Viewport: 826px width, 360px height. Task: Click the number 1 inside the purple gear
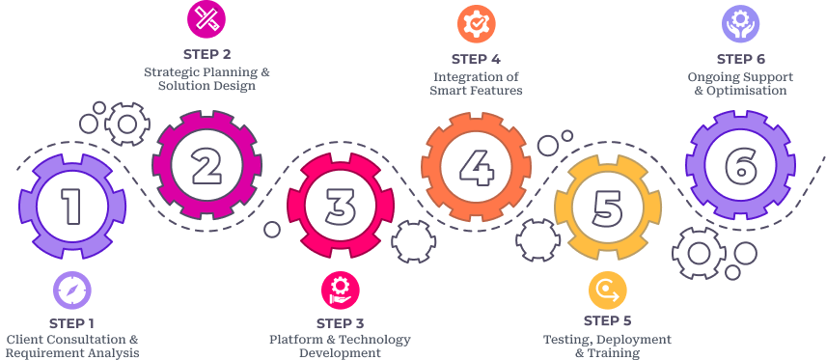(70, 205)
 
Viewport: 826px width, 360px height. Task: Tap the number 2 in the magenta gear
(205, 164)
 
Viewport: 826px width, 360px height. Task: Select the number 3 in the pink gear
(340, 205)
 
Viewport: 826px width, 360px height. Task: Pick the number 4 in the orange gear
(475, 164)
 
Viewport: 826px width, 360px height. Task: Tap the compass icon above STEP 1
(72, 290)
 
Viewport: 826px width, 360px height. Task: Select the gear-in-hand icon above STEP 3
(340, 290)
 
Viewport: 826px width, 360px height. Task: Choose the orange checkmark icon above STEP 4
(476, 23)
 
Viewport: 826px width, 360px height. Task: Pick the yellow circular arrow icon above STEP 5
(608, 290)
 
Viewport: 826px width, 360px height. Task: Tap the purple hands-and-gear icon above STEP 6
(741, 23)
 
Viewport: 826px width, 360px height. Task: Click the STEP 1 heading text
(72, 323)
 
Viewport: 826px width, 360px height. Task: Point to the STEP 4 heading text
(476, 59)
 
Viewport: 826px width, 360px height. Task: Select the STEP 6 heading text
(741, 59)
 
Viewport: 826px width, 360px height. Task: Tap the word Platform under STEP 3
(296, 339)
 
